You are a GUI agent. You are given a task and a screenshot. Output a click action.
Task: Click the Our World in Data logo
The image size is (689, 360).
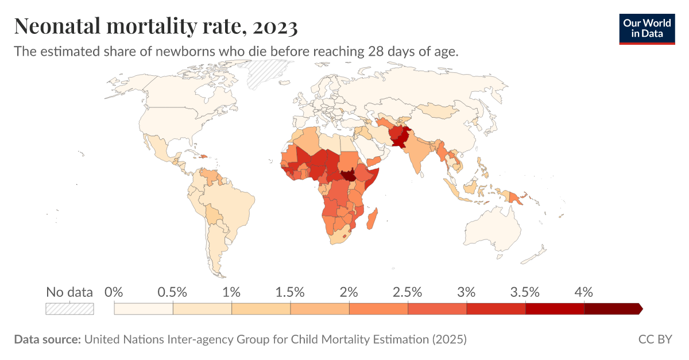(x=647, y=28)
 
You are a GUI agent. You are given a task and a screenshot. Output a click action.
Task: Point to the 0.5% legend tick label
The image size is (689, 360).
(x=173, y=292)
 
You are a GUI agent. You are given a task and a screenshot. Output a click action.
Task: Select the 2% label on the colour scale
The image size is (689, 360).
(x=349, y=292)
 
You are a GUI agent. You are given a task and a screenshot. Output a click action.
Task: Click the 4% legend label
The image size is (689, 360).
(x=584, y=292)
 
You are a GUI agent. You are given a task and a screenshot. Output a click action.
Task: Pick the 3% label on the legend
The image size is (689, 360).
(x=467, y=292)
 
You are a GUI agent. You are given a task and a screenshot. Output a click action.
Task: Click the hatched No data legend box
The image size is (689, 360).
(x=69, y=309)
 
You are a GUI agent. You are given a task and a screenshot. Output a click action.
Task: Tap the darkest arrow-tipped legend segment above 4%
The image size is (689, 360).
(x=612, y=309)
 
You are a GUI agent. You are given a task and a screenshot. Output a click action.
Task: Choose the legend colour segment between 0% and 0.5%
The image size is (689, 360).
(x=144, y=309)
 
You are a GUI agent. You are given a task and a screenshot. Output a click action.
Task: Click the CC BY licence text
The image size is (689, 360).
(x=655, y=339)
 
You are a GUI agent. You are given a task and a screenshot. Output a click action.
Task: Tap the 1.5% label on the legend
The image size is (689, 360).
(x=290, y=292)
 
